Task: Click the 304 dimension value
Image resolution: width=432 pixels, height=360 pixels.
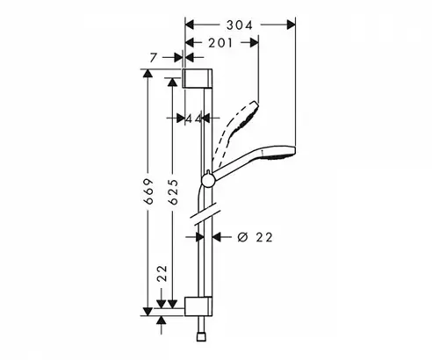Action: [239, 25]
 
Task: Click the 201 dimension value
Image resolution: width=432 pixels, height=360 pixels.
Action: [220, 43]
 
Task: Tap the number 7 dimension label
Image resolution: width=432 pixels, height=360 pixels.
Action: [154, 58]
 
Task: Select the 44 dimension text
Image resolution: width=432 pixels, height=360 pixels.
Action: [194, 119]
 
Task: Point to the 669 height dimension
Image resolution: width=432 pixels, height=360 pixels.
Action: [148, 191]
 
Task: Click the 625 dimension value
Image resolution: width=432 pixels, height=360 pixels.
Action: [173, 191]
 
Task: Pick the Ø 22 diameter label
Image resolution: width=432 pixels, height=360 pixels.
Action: [256, 237]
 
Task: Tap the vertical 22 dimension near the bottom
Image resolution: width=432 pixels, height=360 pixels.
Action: [162, 273]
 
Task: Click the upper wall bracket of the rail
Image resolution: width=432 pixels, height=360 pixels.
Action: [198, 78]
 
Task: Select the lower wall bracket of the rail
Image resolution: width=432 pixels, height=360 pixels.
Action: [198, 306]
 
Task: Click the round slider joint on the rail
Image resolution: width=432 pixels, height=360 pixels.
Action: [208, 179]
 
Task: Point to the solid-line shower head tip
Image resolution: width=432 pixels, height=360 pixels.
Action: [293, 151]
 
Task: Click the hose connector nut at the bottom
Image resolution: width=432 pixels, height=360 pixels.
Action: [201, 336]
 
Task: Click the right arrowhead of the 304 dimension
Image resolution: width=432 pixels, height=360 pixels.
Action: [291, 25]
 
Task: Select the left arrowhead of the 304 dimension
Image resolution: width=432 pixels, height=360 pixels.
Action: [190, 25]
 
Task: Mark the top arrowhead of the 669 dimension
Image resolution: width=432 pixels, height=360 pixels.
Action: [148, 74]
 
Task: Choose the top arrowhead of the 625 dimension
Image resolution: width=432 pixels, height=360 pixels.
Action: [172, 82]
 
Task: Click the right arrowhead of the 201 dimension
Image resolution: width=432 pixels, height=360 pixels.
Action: [254, 43]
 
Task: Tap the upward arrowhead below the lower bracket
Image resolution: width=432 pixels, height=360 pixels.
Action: [162, 320]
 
